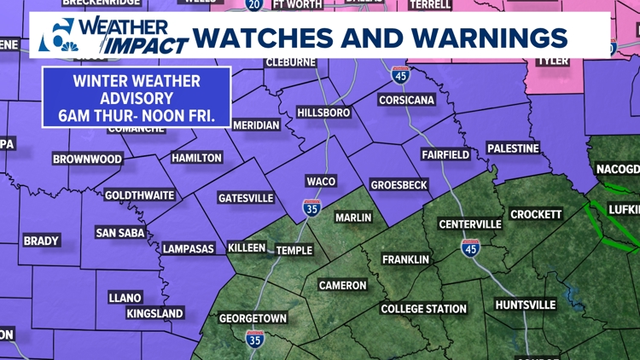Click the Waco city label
point(321,181)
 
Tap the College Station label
point(423,309)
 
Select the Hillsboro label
point(323,113)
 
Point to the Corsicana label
point(406,100)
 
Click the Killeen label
point(247,247)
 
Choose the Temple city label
point(294,251)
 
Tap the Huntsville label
point(525,305)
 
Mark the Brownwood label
point(87,160)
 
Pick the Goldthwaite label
point(139,195)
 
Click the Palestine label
point(513,148)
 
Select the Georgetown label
point(253,318)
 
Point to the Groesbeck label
point(398,184)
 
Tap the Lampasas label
point(189,247)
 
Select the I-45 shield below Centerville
point(470,248)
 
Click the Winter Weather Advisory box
point(137,96)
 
